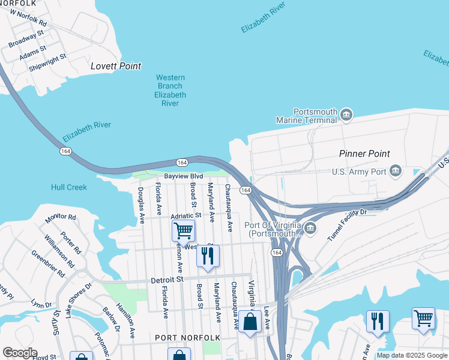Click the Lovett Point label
[x=116, y=66]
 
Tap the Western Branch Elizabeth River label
[x=170, y=90]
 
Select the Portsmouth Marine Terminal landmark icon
[x=346, y=115]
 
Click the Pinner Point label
[x=364, y=154]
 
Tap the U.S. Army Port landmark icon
[x=396, y=172]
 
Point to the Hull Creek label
[x=69, y=187]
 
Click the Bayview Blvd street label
[x=184, y=176]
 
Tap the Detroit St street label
[x=166, y=280]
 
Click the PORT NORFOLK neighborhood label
[x=187, y=338]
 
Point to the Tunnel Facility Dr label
[x=347, y=226]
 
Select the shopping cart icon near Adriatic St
[x=183, y=230]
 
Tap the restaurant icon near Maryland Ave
[x=208, y=257]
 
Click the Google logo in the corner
[x=20, y=353]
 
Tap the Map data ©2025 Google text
[x=412, y=355]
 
